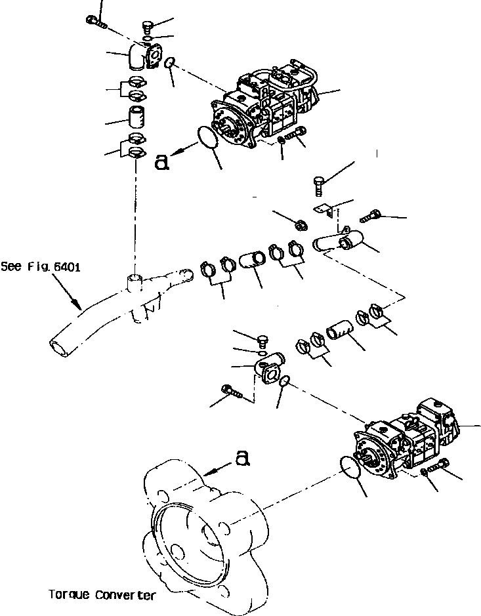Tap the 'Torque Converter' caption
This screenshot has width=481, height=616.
pyautogui.click(x=102, y=595)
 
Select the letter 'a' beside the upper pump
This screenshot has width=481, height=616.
pyautogui.click(x=162, y=161)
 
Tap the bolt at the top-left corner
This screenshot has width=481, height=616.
pyautogui.click(x=96, y=22)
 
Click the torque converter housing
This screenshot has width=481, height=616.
pyautogui.click(x=197, y=525)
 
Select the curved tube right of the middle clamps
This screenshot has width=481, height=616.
pyautogui.click(x=335, y=244)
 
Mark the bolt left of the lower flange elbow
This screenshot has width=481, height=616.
pyautogui.click(x=234, y=392)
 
